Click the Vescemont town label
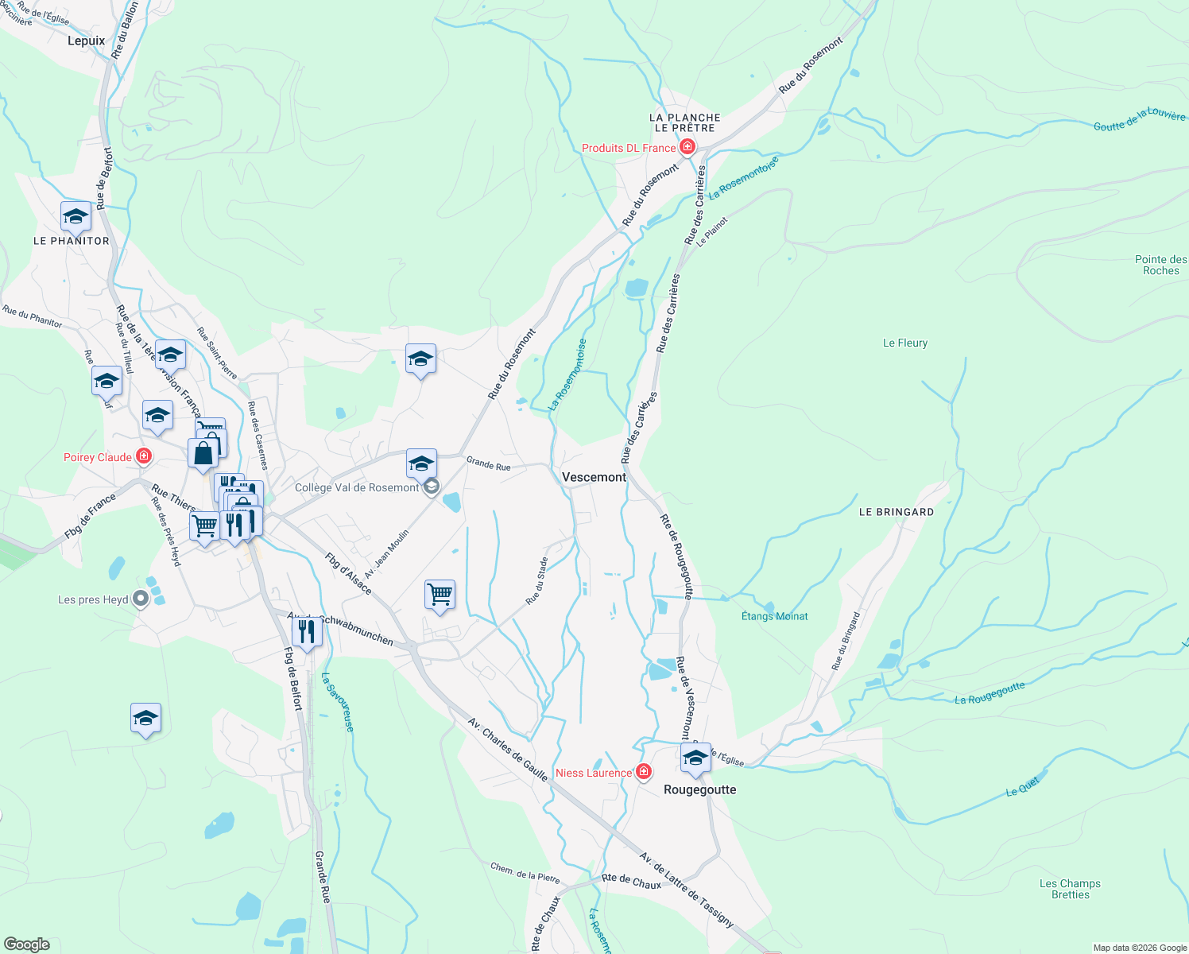594,477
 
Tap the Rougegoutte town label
699,789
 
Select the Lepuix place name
86,41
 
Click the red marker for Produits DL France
687,147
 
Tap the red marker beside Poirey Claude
144,456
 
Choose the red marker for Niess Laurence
644,772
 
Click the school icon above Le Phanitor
76,216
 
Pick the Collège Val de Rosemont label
356,487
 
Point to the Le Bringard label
896,512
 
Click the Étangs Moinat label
774,616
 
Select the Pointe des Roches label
1160,265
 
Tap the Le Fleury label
905,343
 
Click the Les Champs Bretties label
1070,889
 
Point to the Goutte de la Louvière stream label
1139,120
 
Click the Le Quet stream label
1022,787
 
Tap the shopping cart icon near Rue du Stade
440,594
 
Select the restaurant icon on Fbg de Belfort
306,631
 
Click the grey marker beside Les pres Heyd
141,599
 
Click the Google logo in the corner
26,944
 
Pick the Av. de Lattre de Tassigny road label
687,890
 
